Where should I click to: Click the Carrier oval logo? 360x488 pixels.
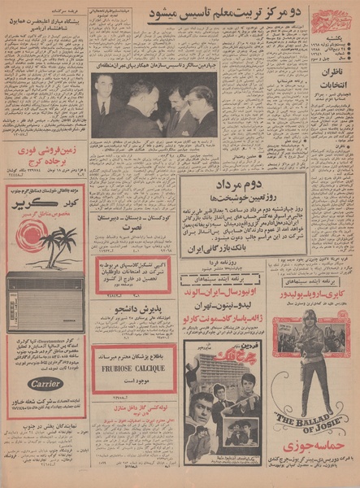click(x=46, y=383)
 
